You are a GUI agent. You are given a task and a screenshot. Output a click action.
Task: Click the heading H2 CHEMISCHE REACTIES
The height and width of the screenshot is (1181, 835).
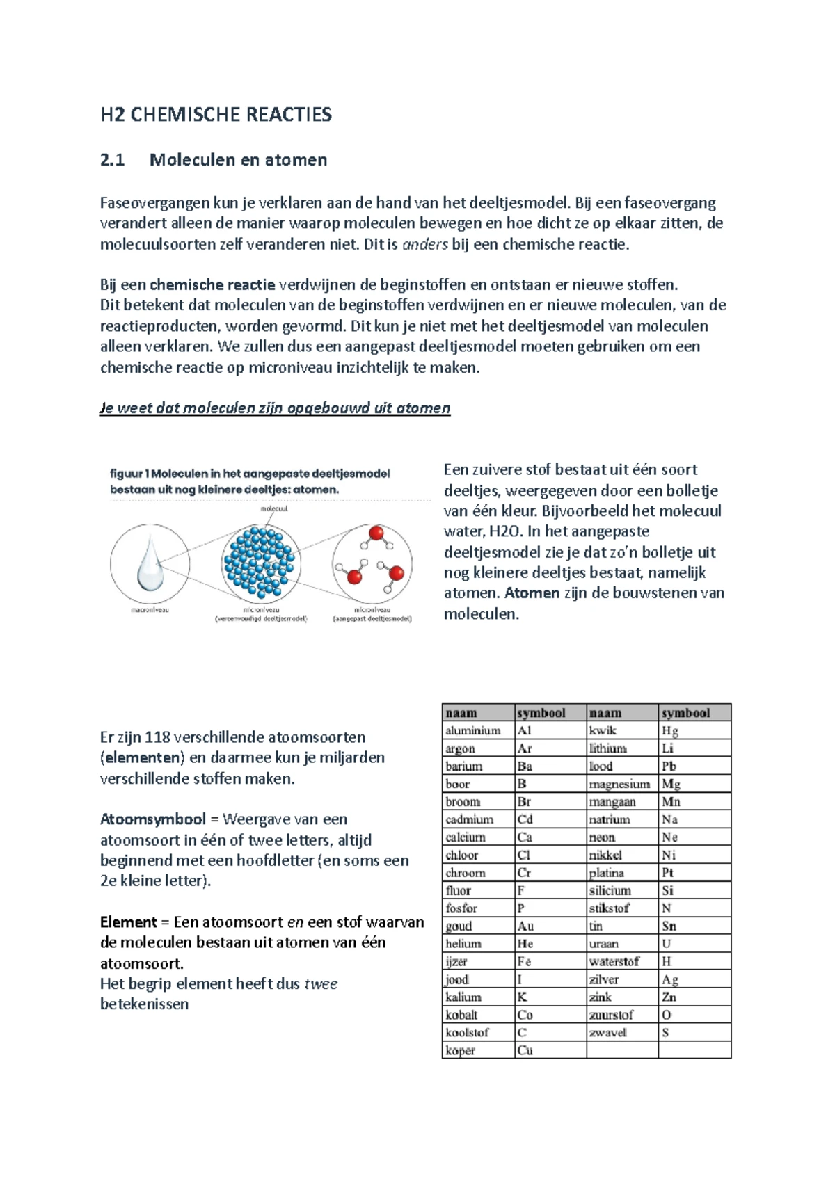point(216,115)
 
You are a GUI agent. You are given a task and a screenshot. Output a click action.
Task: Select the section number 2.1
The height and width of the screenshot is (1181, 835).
point(112,160)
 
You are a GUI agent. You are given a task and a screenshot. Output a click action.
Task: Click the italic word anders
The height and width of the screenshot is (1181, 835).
point(425,244)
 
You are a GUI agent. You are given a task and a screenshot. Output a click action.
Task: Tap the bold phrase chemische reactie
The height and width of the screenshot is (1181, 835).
point(212,284)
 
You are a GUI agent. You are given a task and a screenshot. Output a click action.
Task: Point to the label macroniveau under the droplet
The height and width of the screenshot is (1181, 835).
point(150,610)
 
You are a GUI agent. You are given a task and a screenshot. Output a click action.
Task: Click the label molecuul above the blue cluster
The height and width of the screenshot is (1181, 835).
point(274,508)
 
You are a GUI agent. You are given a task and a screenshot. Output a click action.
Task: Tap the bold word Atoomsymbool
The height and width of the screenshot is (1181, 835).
point(152,819)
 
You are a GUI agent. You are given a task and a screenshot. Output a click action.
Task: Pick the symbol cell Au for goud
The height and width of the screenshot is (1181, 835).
point(525,926)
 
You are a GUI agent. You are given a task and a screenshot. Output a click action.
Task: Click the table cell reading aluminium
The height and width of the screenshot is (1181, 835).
point(473,730)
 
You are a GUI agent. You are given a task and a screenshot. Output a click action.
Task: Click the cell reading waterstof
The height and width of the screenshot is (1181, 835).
point(614,961)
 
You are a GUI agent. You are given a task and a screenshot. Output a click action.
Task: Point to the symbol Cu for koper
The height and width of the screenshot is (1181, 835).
point(525,1050)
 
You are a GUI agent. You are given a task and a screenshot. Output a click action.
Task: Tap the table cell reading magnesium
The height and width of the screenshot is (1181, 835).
point(619,784)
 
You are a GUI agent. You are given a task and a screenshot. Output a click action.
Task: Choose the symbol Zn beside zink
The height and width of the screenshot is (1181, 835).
point(669,997)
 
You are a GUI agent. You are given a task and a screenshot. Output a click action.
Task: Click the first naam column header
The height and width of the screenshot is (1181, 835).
point(461,713)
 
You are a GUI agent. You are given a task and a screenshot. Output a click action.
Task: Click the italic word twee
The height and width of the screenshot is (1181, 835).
point(321,984)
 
